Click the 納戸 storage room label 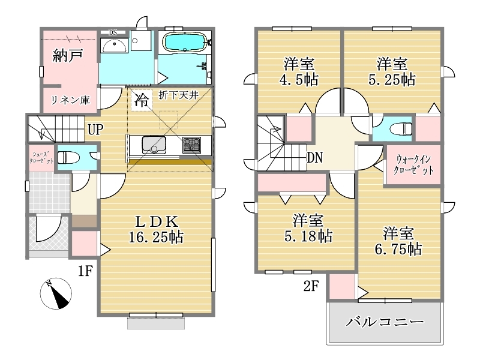pos(68,55)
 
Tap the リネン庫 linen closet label pos(70,100)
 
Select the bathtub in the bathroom pos(185,42)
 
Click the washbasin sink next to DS pos(114,46)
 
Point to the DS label pos(113,32)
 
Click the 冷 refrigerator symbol pos(142,100)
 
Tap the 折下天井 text pos(179,95)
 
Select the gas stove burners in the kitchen pos(191,145)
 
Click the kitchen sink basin pos(154,145)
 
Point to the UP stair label pos(95,130)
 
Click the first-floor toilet pos(68,158)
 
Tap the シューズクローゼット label pos(41,157)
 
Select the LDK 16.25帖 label pos(156,230)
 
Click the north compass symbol pos(56,293)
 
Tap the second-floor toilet pos(401,128)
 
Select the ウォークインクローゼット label pos(413,164)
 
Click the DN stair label pos(314,158)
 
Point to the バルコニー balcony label pos(385,322)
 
